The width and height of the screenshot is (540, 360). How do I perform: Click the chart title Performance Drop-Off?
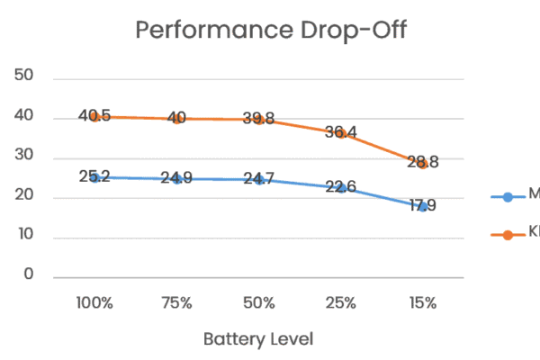pos(271,30)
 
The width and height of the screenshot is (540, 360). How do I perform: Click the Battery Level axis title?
pos(257,339)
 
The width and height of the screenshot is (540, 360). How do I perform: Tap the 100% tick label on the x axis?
pos(94,303)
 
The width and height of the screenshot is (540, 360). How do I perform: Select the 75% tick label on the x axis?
pos(176,303)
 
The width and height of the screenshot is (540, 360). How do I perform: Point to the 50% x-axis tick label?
pos(258,303)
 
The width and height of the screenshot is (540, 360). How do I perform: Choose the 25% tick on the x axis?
pos(340,303)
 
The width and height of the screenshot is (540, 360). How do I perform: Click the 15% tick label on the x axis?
pos(422,303)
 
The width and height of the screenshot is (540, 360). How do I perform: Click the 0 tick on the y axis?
pos(30,274)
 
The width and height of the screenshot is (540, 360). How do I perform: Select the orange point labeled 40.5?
pos(94,117)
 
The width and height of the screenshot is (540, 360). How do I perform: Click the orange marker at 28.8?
pos(422,164)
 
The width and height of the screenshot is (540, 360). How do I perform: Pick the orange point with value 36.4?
pos(340,133)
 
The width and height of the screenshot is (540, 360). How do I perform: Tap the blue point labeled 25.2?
pos(94,177)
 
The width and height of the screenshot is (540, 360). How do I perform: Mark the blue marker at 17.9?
pos(422,206)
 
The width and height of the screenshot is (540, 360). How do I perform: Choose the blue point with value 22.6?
pos(340,187)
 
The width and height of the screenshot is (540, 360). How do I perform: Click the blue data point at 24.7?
pos(258,179)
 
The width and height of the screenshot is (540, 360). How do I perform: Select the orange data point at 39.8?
pos(258,120)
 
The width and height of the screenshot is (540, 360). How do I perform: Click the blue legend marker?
pos(508,196)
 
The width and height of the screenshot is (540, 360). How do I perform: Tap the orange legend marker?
pos(508,234)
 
